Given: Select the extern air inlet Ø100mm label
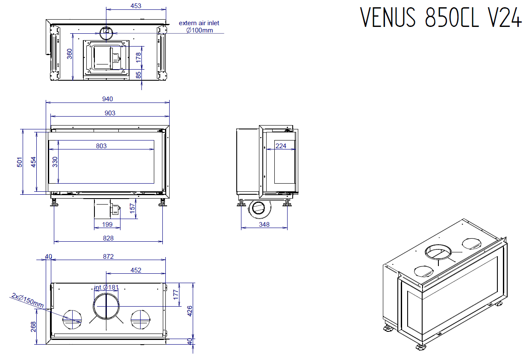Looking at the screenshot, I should (199, 26).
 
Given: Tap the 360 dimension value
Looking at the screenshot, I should (70, 54).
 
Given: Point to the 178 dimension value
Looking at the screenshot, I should (138, 58).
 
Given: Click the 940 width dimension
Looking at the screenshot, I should (107, 99).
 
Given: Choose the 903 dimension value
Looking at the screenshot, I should (110, 113).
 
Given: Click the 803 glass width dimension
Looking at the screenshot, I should (101, 146).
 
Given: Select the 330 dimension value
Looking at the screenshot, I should (55, 162).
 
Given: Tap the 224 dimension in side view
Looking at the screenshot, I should (281, 146).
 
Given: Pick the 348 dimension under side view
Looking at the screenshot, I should (264, 224).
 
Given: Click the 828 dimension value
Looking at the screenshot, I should (108, 238).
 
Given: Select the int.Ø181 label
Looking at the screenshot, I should (106, 287).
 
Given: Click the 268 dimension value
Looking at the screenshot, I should (33, 326).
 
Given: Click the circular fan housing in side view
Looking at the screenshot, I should (259, 208).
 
